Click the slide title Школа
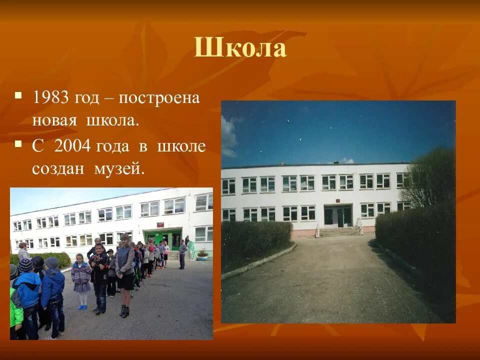pyautogui.click(x=240, y=48)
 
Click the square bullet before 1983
pyautogui.click(x=18, y=94)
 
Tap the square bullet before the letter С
pyautogui.click(x=18, y=144)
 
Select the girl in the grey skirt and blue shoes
pyautogui.click(x=81, y=280)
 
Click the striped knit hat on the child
pyautogui.click(x=25, y=265)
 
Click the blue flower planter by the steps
pyautogui.click(x=202, y=257)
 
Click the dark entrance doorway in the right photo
pyautogui.click(x=338, y=215)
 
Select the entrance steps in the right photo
pyautogui.click(x=338, y=231)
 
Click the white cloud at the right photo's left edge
pyautogui.click(x=228, y=135)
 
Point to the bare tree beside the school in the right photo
pyautogui.click(x=427, y=177)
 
